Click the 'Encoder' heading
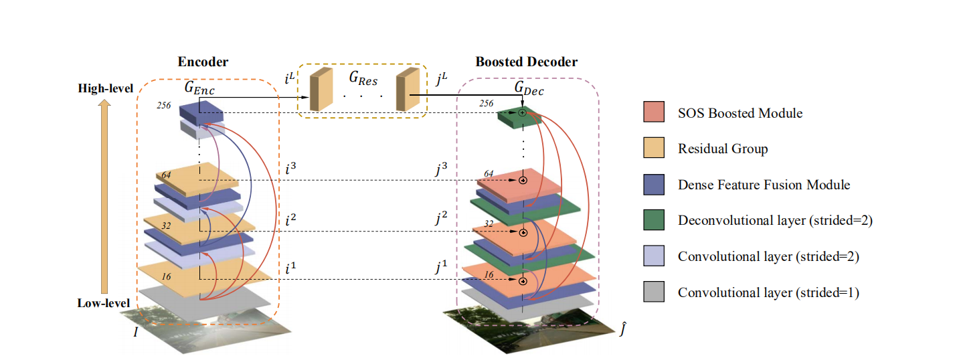(x=203, y=62)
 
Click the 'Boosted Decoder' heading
(x=526, y=62)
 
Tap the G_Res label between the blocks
(x=363, y=79)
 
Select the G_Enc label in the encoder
(x=200, y=87)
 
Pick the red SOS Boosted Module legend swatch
(x=653, y=112)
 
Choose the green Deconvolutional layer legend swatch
(x=653, y=221)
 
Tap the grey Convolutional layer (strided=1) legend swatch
(x=653, y=292)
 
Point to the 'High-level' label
(x=106, y=88)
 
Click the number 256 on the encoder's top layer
(x=165, y=105)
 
